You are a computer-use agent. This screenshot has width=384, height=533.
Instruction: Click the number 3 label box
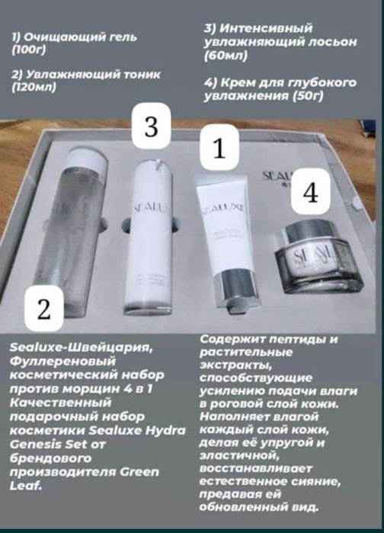[151, 127]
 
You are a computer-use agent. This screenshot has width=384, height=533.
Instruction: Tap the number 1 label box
[219, 148]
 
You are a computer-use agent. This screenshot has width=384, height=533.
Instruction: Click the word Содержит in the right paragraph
[232, 339]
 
